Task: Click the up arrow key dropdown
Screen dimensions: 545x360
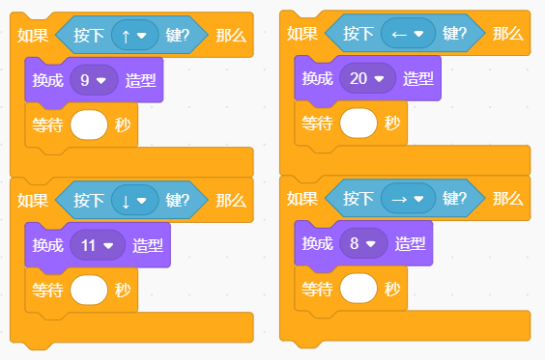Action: [x=135, y=35]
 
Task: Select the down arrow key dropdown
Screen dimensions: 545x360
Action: [x=135, y=200]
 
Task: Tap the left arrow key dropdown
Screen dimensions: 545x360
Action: [x=408, y=34]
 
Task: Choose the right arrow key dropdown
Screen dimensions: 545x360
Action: [x=408, y=198]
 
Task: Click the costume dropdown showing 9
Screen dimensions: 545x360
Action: [x=94, y=80]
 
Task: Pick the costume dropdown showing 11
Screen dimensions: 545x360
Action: [x=98, y=245]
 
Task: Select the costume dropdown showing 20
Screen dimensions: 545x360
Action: [x=367, y=78]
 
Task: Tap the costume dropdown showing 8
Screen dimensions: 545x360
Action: [x=363, y=243]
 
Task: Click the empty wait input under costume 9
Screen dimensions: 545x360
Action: [x=89, y=125]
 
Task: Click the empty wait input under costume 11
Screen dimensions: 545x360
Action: [x=89, y=290]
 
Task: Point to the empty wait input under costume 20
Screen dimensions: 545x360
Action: [x=359, y=123]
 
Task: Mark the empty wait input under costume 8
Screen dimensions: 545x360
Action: [x=359, y=289]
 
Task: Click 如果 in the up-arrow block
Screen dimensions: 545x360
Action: [x=33, y=35]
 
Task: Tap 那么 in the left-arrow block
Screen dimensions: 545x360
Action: [x=508, y=34]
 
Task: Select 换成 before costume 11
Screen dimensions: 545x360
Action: [x=48, y=245]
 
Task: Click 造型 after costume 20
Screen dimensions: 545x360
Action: [x=418, y=79]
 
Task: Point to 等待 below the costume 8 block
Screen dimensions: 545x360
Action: [x=317, y=289]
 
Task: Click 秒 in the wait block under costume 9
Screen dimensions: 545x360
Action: [x=123, y=125]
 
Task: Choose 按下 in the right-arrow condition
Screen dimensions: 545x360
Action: [x=359, y=199]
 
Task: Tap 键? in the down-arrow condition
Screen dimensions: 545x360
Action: [x=177, y=201]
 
